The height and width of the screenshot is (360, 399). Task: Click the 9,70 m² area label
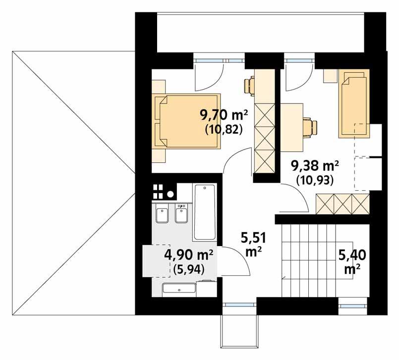pos(224,116)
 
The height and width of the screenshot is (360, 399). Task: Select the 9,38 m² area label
pos(315,166)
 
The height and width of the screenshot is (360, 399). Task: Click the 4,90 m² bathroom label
pos(189,255)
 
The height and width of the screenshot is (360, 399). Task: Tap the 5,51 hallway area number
pos(253,238)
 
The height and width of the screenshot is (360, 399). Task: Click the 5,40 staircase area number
pos(352,255)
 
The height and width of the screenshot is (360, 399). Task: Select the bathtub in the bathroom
pos(205,212)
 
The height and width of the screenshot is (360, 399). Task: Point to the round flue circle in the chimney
pos(170,194)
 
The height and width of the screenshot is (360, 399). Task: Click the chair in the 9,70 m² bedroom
pos(249,86)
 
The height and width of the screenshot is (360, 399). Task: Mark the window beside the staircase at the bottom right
pos(353,306)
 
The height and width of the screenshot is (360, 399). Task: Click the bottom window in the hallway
pos(240,305)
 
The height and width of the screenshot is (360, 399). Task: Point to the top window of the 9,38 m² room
pos(299,61)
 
